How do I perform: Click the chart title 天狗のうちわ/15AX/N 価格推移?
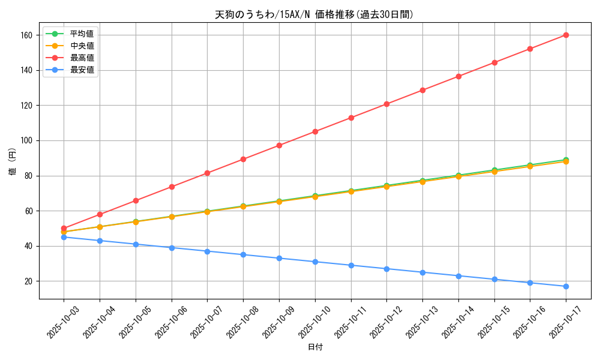pyautogui.click(x=314, y=14)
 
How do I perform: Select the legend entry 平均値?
pyautogui.click(x=82, y=34)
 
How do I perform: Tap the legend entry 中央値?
pyautogui.click(x=82, y=46)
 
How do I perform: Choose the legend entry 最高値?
pyautogui.click(x=82, y=58)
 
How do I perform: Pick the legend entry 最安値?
pyautogui.click(x=82, y=70)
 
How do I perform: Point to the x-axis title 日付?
pyautogui.click(x=315, y=347)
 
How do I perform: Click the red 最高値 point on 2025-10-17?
pyautogui.click(x=566, y=35)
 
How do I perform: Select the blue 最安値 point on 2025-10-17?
pyautogui.click(x=566, y=286)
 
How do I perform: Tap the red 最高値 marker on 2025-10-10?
pyautogui.click(x=315, y=131)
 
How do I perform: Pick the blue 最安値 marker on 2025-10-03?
pyautogui.click(x=64, y=237)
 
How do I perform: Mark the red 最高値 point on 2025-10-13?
pyautogui.click(x=422, y=90)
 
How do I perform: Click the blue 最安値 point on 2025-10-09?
pyautogui.click(x=279, y=258)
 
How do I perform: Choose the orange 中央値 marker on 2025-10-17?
pyautogui.click(x=566, y=161)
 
